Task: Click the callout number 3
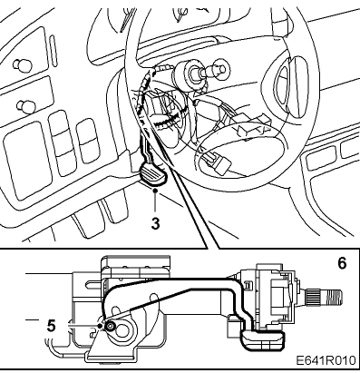[155, 224]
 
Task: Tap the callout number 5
[52, 326]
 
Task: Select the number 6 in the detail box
[342, 263]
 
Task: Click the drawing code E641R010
[326, 360]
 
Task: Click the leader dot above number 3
[155, 191]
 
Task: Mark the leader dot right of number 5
[100, 326]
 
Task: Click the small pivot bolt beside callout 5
[110, 326]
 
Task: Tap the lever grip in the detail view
[262, 340]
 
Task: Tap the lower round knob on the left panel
[25, 106]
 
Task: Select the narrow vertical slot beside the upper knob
[54, 51]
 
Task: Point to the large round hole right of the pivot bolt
[123, 328]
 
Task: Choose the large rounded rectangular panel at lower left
[28, 161]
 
